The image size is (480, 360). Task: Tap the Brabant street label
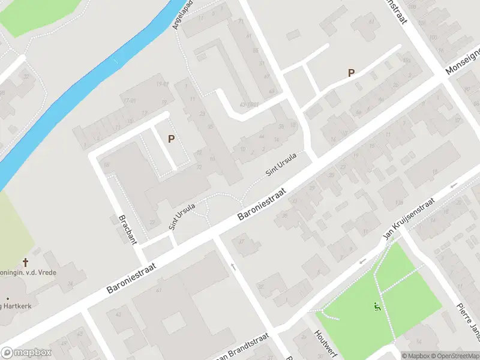coord(128,229)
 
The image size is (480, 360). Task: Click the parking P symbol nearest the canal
coord(171,139)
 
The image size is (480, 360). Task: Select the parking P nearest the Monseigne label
coord(351,73)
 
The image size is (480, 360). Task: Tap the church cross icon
coord(25,262)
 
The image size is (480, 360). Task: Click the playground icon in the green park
coord(377,307)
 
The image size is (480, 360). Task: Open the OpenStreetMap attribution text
coord(454,356)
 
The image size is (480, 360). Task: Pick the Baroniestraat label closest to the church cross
coord(135,272)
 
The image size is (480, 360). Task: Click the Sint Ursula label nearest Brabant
coord(182,217)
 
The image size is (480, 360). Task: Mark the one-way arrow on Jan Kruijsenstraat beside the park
coord(362,262)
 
